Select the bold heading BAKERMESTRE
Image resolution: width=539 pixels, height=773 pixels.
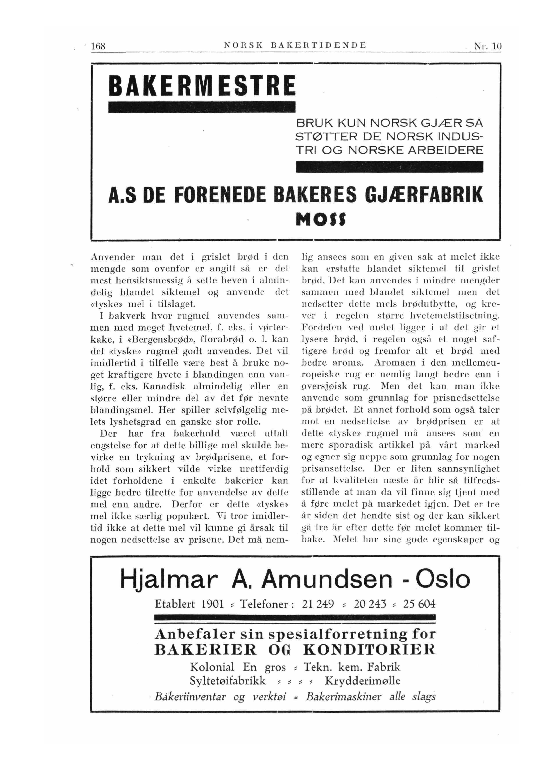click(202, 86)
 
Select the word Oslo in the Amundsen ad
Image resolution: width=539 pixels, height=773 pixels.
click(442, 579)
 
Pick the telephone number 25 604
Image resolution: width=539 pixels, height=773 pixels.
click(419, 605)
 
